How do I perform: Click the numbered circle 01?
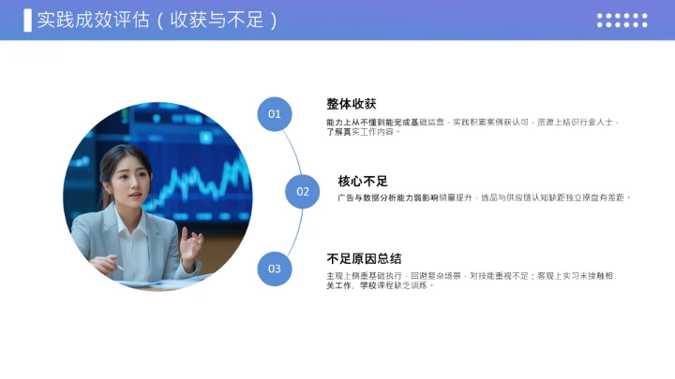tap(275, 114)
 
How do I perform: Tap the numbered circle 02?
tap(303, 192)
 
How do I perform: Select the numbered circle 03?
tap(275, 269)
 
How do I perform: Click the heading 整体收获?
tap(352, 104)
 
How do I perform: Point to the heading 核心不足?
tap(363, 181)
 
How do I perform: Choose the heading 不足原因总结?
tap(364, 258)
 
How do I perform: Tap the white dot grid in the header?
tap(622, 20)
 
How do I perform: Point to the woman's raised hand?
tap(191, 245)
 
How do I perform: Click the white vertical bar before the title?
tap(27, 20)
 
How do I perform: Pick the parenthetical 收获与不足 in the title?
tap(217, 20)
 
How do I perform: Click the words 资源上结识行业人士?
tap(577, 123)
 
